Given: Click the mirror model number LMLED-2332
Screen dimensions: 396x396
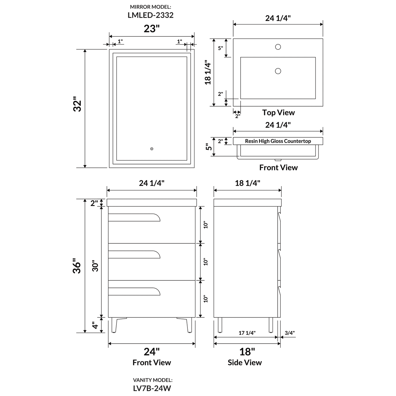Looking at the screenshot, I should pos(150,15).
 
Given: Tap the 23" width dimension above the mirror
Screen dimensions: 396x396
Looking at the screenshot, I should pos(152,29).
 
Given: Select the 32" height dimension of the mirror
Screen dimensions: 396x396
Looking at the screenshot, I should pos(78,104).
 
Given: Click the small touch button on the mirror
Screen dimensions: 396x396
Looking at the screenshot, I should pos(152,149).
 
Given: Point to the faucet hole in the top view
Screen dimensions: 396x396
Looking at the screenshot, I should pos(278,47).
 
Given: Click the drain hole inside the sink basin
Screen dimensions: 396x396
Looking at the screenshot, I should pos(278,71).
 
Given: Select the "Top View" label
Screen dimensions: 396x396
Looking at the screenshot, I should pos(278,112).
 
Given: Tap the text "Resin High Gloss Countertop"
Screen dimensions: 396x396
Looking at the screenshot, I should pos(278,141).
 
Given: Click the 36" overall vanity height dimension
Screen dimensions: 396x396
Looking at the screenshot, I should pos(77,266).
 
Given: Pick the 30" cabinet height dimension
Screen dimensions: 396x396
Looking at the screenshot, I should pos(95,266).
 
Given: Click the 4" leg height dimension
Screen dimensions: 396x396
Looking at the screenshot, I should pos(95,325).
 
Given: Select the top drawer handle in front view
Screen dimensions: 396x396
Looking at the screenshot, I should pos(134,217).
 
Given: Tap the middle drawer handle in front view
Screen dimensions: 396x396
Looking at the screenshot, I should pos(134,254).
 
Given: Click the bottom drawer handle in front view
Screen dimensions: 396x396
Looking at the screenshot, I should pos(134,291).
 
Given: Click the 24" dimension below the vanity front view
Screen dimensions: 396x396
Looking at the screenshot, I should pos(152,351).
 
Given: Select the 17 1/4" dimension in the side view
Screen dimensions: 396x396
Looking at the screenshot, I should pos(247,333).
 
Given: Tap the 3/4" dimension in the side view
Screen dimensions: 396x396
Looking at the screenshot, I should pos(290,333).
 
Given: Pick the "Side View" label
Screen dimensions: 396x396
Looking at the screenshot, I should pos(245,363).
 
